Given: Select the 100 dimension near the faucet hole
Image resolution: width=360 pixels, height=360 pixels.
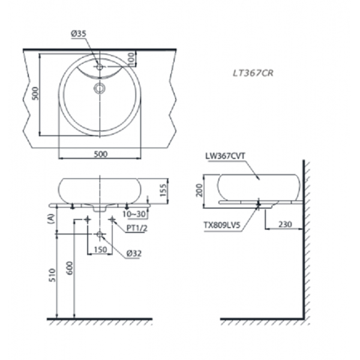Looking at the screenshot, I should pos(131,59).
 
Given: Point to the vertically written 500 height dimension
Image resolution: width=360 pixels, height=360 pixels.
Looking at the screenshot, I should pos(35,93).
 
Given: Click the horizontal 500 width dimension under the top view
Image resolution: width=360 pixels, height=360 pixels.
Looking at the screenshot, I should pos(100,154).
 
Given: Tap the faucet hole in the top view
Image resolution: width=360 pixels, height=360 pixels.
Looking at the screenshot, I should pos(100,68).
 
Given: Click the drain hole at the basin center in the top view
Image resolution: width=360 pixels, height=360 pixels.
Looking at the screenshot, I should pos(100,89).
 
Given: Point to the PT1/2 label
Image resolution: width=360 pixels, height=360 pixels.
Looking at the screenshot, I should pos(137,229).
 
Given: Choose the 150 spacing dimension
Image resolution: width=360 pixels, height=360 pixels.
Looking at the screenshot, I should pos(100,249).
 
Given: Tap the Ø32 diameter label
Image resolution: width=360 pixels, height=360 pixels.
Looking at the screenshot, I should pos(134,254).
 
